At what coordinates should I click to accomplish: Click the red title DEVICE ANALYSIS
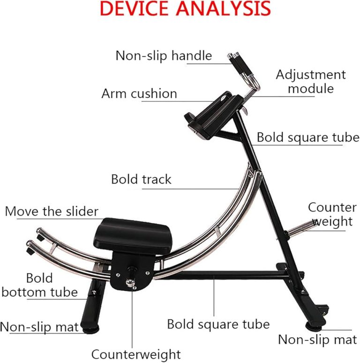[x=185, y=8]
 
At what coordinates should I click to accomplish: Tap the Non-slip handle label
[x=164, y=56]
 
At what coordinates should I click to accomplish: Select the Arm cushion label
[x=139, y=93]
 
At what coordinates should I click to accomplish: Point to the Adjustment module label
[x=311, y=82]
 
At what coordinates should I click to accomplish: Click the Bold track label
[x=141, y=179]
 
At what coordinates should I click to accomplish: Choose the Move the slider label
[x=52, y=212]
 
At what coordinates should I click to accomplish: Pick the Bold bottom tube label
[x=39, y=285]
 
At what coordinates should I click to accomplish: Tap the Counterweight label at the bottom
[x=136, y=355]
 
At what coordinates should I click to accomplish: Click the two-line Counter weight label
[x=332, y=214]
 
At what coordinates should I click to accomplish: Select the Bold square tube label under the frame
[x=218, y=324]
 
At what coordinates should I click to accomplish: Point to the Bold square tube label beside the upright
[x=308, y=137]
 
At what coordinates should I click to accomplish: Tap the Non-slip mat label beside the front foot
[x=39, y=327]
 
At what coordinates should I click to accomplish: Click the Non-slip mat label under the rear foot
[x=317, y=340]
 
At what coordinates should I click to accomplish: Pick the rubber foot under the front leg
[x=91, y=329]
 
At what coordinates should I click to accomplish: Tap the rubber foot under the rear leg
[x=314, y=326]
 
